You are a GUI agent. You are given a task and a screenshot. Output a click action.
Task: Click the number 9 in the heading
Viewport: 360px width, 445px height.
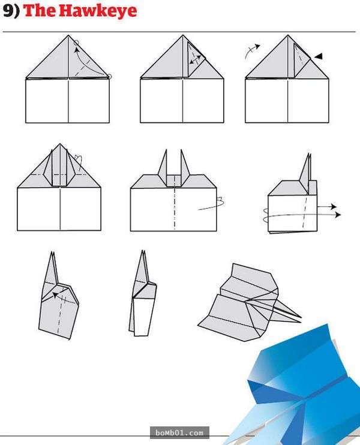click(8, 11)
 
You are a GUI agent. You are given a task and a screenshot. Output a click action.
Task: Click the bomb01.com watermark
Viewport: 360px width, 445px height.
click(179, 433)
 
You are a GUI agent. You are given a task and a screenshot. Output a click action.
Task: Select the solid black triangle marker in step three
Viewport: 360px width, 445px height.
click(319, 56)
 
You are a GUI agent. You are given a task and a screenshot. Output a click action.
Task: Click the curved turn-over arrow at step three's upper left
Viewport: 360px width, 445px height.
click(252, 50)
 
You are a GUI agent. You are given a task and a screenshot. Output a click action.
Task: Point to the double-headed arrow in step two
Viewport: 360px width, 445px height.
click(195, 59)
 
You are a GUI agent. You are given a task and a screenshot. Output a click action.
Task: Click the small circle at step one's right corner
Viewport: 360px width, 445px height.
click(110, 76)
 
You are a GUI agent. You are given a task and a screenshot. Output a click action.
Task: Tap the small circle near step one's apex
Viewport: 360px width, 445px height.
click(76, 43)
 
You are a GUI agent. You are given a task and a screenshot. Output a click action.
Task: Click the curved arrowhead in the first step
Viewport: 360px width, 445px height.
click(77, 50)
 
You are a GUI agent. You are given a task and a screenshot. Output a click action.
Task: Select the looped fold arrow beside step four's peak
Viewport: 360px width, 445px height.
click(79, 163)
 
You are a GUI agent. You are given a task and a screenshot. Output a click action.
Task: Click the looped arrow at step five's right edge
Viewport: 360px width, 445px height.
click(212, 204)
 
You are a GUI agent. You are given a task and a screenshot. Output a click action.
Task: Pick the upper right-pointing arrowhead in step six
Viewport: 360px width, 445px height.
click(334, 206)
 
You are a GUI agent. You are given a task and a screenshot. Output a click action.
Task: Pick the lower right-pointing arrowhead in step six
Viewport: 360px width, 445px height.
click(338, 215)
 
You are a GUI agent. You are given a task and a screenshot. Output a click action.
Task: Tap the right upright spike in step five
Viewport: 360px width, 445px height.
click(184, 167)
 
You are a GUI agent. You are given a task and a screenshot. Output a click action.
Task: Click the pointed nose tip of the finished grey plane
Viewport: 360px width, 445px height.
click(301, 318)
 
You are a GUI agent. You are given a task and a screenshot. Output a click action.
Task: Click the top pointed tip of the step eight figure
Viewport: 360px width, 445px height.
click(143, 251)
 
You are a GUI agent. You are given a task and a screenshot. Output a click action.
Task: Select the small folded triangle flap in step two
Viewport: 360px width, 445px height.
click(196, 59)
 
